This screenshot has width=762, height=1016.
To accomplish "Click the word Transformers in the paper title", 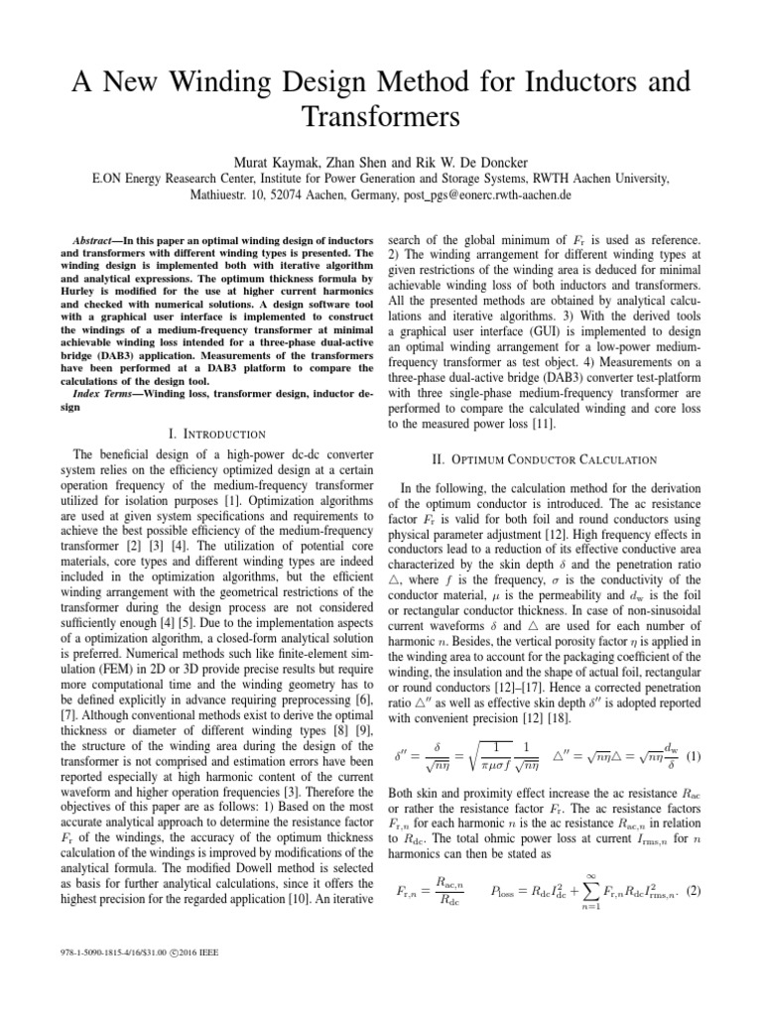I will point(381,116).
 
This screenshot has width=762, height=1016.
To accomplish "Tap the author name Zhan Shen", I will point(363,161).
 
